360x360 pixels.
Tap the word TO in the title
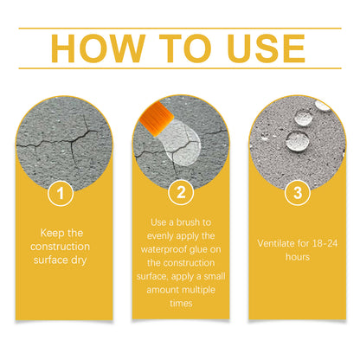pos(185,48)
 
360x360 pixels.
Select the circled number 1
pos(61,193)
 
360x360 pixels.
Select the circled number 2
pos(181,192)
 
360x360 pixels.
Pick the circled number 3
pos(298,193)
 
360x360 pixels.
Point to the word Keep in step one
pos(52,233)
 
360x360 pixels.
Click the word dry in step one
pos(79,260)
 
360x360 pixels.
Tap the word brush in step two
pos(188,222)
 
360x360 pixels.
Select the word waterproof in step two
pos(164,249)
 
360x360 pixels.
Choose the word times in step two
pos(181,303)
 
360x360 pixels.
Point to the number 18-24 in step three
pos(325,243)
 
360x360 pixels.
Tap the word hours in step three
pos(298,257)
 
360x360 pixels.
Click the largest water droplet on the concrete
pos(298,140)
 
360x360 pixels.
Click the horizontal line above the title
pos(180,29)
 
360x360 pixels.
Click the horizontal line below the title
pos(180,68)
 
